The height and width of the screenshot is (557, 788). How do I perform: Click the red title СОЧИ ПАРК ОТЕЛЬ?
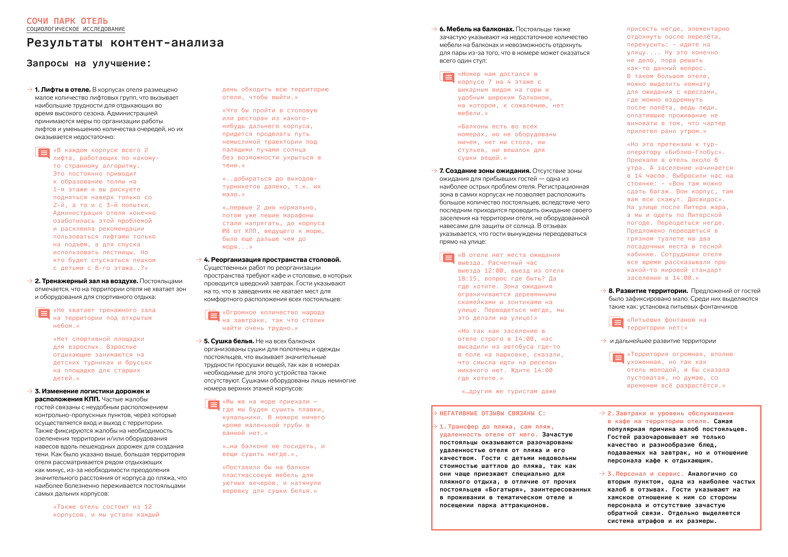(67, 21)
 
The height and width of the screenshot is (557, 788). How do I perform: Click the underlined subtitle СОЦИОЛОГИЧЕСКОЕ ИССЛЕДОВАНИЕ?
(76, 29)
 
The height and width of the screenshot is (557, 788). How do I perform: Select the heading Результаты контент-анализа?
(125, 43)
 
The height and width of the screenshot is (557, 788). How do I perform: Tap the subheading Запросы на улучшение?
(89, 63)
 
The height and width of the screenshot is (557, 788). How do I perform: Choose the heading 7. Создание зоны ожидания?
(485, 171)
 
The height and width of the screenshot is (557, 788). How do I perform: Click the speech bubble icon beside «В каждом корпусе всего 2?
(43, 153)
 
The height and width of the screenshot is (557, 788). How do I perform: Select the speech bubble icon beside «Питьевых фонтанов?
(616, 323)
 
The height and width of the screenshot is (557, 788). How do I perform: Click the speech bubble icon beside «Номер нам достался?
(447, 77)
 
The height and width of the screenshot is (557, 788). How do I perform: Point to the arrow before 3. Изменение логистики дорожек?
(30, 391)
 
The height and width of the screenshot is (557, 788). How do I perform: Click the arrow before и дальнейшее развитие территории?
(603, 341)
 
